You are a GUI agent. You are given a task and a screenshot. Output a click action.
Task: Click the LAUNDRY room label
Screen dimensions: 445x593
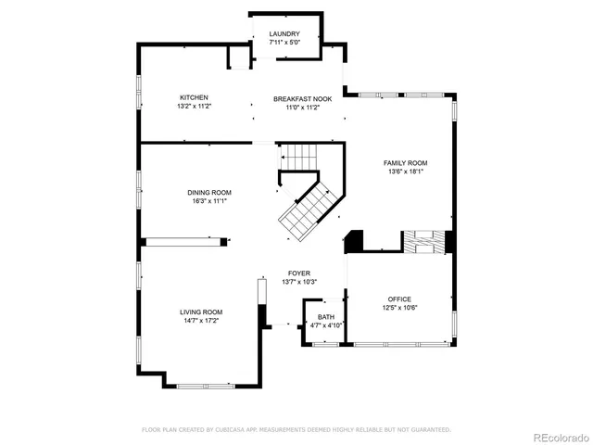pos(284,34)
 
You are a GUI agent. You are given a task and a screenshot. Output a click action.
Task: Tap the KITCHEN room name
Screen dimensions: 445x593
pos(194,97)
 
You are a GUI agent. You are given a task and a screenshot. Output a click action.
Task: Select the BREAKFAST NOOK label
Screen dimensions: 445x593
pos(296,97)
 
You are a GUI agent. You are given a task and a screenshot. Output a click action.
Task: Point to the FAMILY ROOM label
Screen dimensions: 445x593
pos(406,162)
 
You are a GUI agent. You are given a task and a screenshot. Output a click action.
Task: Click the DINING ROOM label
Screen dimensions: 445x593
pos(208,192)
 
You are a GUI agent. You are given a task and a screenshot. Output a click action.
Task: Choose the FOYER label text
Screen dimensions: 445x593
pos(297,273)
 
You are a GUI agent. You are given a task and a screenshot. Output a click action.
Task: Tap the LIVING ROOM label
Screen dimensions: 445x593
pos(201,311)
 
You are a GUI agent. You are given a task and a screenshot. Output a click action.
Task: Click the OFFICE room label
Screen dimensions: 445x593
pos(399,299)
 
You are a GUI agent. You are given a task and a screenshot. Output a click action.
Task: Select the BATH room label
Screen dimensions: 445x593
pos(326,317)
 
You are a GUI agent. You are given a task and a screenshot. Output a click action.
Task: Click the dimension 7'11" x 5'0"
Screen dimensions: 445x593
pos(284,43)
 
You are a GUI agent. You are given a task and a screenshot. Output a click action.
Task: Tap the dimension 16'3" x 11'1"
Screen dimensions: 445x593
pos(208,200)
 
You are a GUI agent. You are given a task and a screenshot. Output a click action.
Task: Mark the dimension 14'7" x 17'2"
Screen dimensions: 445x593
pos(201,320)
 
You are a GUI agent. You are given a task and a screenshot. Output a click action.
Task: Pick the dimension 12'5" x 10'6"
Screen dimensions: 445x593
pos(399,307)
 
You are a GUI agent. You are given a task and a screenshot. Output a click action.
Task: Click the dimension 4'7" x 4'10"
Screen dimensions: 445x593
pos(326,325)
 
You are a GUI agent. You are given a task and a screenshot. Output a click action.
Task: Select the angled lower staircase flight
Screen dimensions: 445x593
pos(309,212)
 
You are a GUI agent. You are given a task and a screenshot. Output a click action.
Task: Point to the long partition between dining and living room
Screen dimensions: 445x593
pos(184,241)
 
